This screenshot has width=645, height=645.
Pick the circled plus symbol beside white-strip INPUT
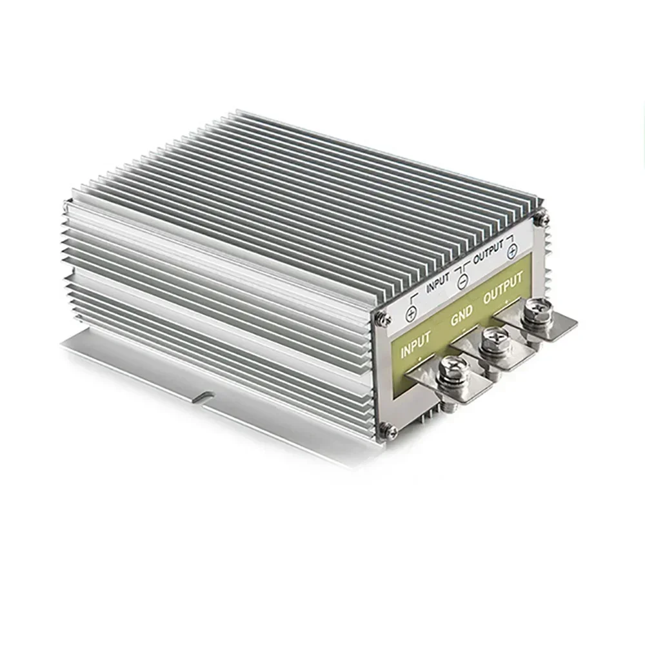click(x=411, y=313)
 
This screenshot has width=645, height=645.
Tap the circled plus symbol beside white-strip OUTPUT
click(x=511, y=252)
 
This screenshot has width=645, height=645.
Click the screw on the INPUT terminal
click(x=450, y=372)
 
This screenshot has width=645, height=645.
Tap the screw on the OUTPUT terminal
click(x=537, y=311)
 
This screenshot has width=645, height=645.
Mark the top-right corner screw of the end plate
click(x=544, y=219)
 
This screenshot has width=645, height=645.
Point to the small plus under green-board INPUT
click(x=420, y=359)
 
